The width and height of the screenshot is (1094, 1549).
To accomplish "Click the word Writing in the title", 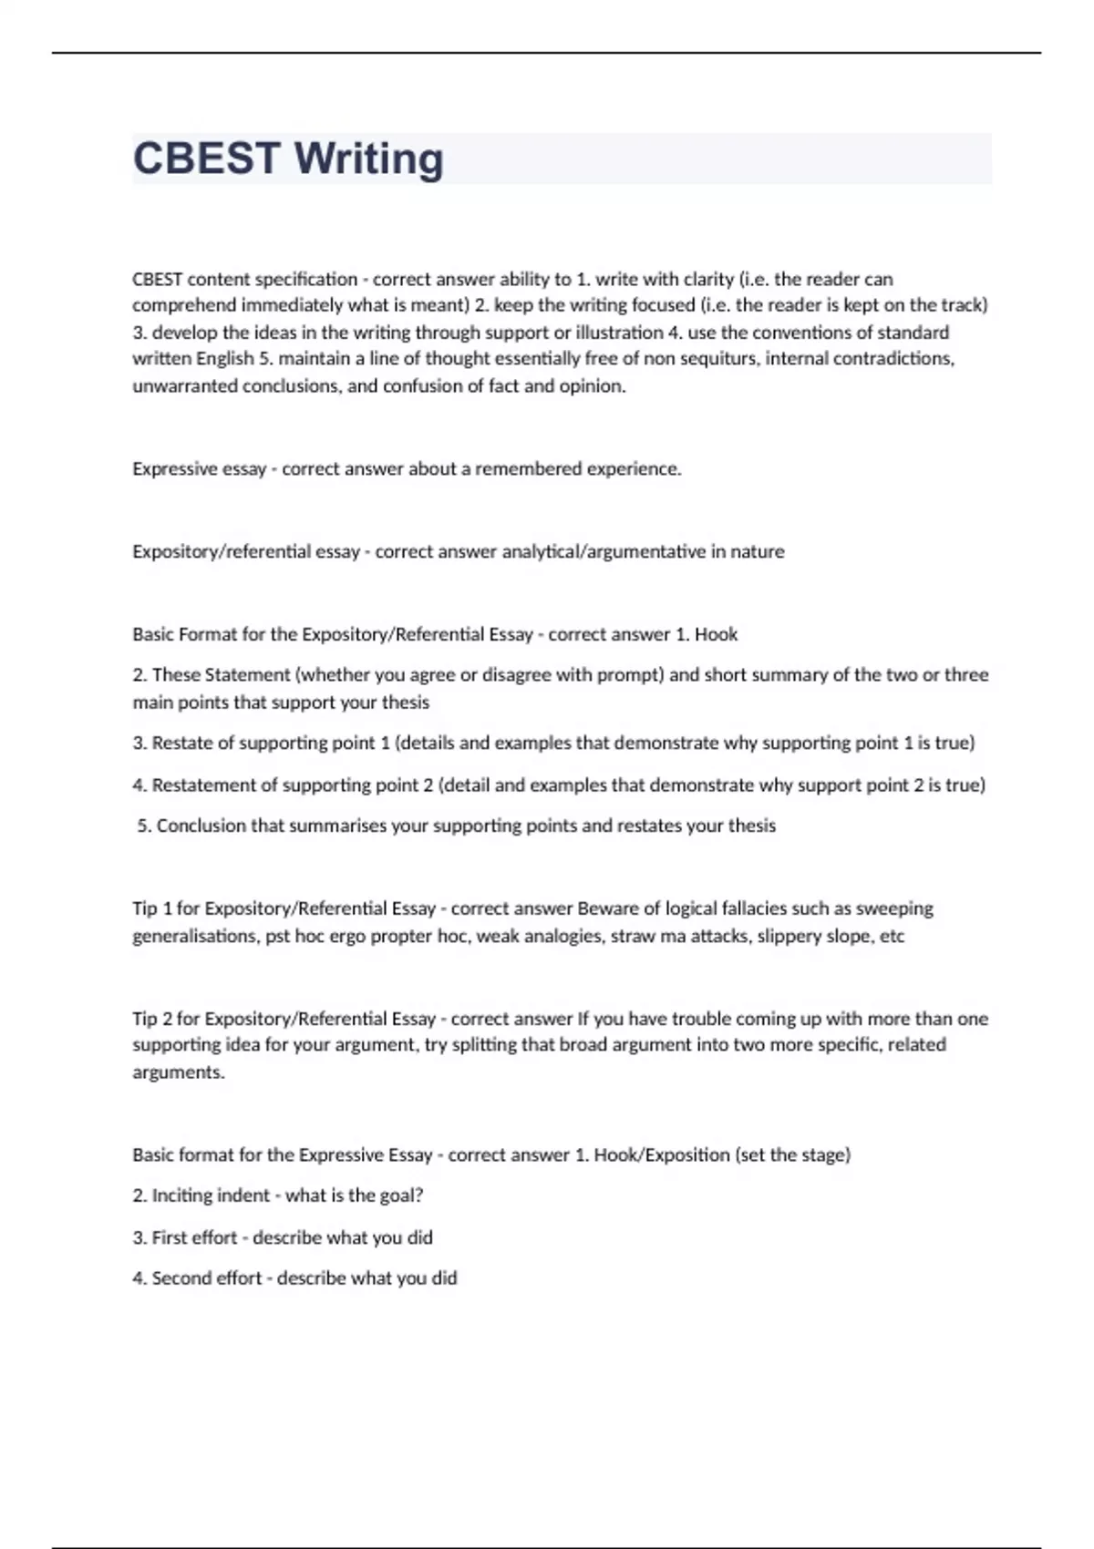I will tap(369, 159).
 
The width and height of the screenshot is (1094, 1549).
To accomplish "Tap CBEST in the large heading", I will tap(206, 159).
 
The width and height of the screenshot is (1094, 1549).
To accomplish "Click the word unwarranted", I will tap(185, 385).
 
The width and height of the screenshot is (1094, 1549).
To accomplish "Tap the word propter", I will tap(402, 936).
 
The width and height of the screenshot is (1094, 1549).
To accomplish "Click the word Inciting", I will tap(181, 1195).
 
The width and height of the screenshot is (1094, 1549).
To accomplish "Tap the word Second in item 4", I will tap(180, 1277).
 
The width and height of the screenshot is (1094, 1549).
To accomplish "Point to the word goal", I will tap(399, 1195).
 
